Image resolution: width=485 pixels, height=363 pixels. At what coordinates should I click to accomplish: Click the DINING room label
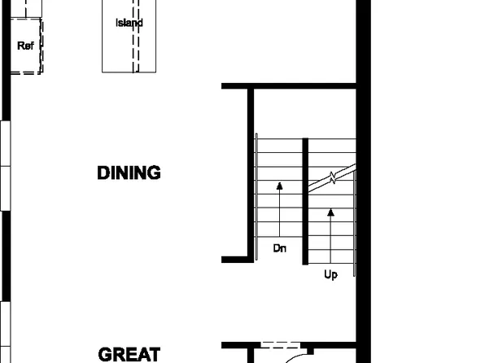(129, 173)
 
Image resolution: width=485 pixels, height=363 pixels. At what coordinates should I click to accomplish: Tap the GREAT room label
(129, 354)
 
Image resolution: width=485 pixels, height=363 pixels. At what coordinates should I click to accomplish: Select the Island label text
(129, 23)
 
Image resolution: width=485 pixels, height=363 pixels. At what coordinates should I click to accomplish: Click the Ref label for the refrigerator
(25, 46)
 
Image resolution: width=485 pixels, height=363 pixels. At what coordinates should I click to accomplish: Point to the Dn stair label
(279, 247)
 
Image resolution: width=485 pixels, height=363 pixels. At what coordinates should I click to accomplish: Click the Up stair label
(330, 275)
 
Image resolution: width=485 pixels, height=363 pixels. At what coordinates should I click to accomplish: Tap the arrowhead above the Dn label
(279, 186)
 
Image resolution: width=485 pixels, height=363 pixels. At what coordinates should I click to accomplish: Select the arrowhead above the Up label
(330, 213)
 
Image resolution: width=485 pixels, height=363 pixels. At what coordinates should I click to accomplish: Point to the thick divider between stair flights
(305, 201)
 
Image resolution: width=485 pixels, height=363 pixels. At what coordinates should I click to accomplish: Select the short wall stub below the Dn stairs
(236, 259)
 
